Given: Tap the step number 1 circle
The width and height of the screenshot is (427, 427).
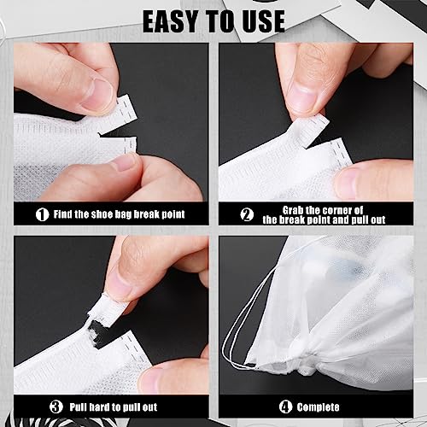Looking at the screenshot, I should pos(42,214).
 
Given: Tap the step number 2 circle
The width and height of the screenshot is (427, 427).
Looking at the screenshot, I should pos(247,214).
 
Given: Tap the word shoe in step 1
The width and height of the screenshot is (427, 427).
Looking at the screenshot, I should pos(108,214).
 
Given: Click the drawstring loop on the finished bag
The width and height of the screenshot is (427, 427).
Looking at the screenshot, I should pos(243,337).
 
